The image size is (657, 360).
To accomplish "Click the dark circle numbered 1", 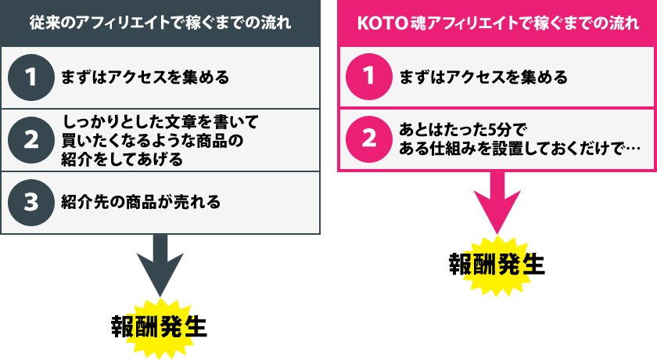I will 31,77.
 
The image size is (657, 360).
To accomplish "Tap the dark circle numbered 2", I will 31,139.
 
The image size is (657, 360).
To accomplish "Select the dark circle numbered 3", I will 31,202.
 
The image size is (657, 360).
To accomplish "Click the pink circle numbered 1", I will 368,77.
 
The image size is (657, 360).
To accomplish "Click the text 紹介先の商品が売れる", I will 141,202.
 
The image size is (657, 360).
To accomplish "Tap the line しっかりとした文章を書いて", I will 160,123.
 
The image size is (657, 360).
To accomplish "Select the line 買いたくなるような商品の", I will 153,141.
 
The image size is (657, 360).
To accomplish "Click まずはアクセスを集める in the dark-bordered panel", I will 145,77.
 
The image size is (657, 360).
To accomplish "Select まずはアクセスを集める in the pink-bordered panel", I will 483,77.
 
